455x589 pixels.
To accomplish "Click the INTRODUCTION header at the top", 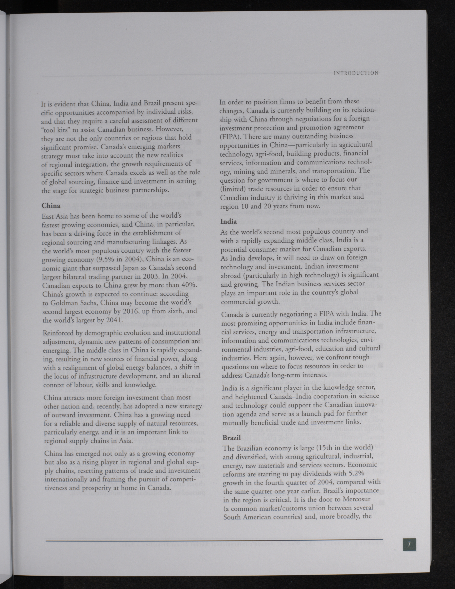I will (356, 73).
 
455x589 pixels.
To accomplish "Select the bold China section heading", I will (51, 206).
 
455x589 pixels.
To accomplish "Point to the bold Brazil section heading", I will (231, 437).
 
